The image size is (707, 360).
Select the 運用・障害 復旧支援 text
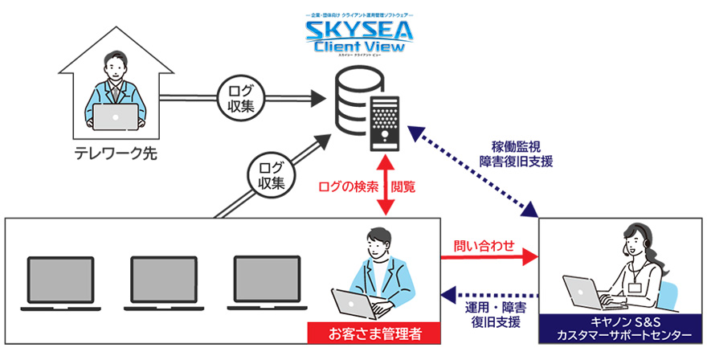pos(492,314)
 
